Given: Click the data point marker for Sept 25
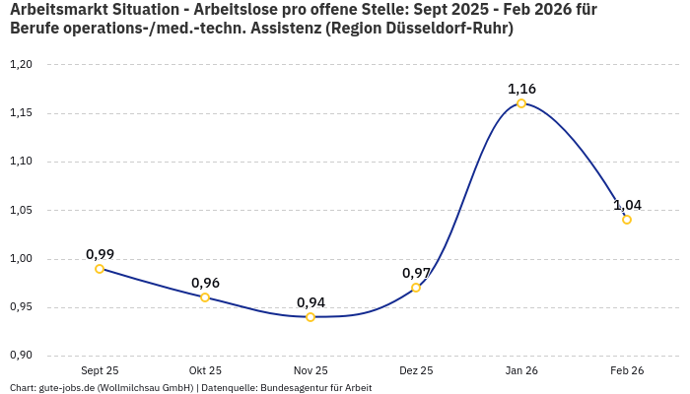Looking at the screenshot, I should click(100, 269).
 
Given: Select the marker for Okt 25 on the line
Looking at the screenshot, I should click(205, 297).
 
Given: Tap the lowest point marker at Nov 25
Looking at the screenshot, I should click(310, 317).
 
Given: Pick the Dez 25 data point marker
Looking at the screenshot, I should click(416, 288).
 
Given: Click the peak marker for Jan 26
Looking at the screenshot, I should click(521, 103).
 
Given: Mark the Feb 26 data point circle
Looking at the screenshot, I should click(627, 220).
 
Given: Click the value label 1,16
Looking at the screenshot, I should click(521, 89).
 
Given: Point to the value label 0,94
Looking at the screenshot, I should click(310, 302).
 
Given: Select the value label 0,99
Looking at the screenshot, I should click(100, 254).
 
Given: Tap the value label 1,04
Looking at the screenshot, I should click(627, 205).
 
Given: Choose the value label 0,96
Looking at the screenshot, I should click(205, 283).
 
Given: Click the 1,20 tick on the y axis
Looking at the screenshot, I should click(21, 65).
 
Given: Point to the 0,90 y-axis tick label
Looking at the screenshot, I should click(21, 356).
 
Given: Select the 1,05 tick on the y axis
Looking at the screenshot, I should click(21, 210).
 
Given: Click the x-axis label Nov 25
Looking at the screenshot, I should click(310, 370).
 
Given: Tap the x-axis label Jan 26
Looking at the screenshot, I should click(521, 370).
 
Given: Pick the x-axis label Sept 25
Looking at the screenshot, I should click(100, 370).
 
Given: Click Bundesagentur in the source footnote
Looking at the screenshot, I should click(298, 388).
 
